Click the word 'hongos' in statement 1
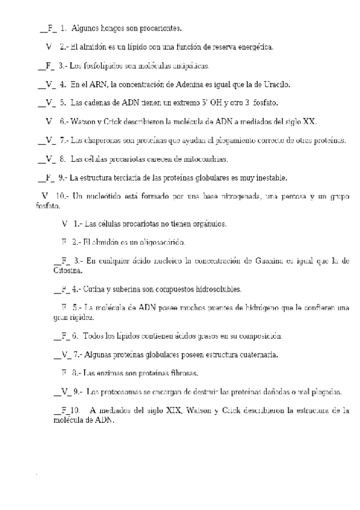tap(118, 28)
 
